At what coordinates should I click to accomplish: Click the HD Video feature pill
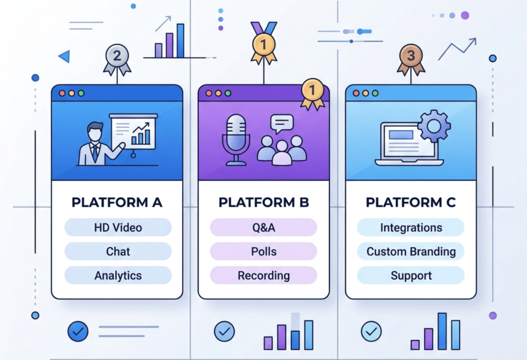pos(118,227)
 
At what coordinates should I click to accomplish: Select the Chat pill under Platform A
pos(118,251)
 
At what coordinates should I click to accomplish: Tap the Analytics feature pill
pos(118,276)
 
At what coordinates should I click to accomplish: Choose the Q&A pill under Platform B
pos(263,227)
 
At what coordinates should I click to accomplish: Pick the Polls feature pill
pos(263,251)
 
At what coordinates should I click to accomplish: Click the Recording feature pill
pos(263,276)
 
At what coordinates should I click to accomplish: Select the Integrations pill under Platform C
pos(411,227)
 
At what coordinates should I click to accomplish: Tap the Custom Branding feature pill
pos(411,251)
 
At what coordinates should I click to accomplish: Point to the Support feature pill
pos(411,276)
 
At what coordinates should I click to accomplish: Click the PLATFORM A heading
pos(117,202)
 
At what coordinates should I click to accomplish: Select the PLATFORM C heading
pos(411,202)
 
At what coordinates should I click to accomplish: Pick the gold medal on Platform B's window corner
pos(312,91)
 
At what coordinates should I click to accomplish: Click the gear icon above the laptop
pos(434,125)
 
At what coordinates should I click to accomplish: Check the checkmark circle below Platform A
pos(78,332)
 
